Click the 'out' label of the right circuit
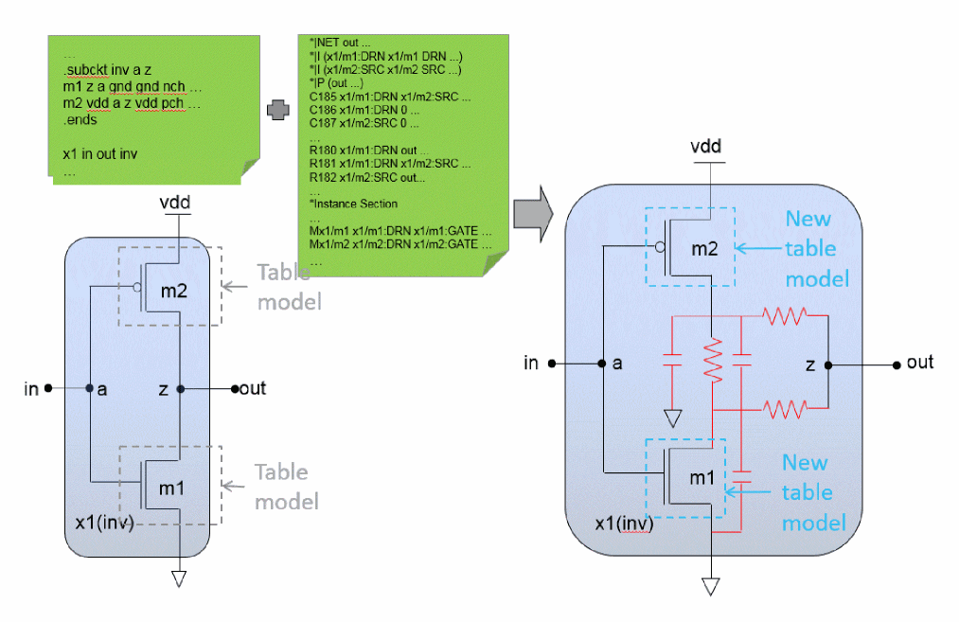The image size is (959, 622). coord(919,363)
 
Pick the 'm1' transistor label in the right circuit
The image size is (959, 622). coord(701,477)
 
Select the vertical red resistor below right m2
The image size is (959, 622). coord(713,359)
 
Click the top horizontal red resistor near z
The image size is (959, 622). coord(785,315)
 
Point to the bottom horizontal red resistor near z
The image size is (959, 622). coord(785,409)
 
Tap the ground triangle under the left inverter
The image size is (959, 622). coord(177,578)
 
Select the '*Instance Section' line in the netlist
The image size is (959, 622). coord(353,204)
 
